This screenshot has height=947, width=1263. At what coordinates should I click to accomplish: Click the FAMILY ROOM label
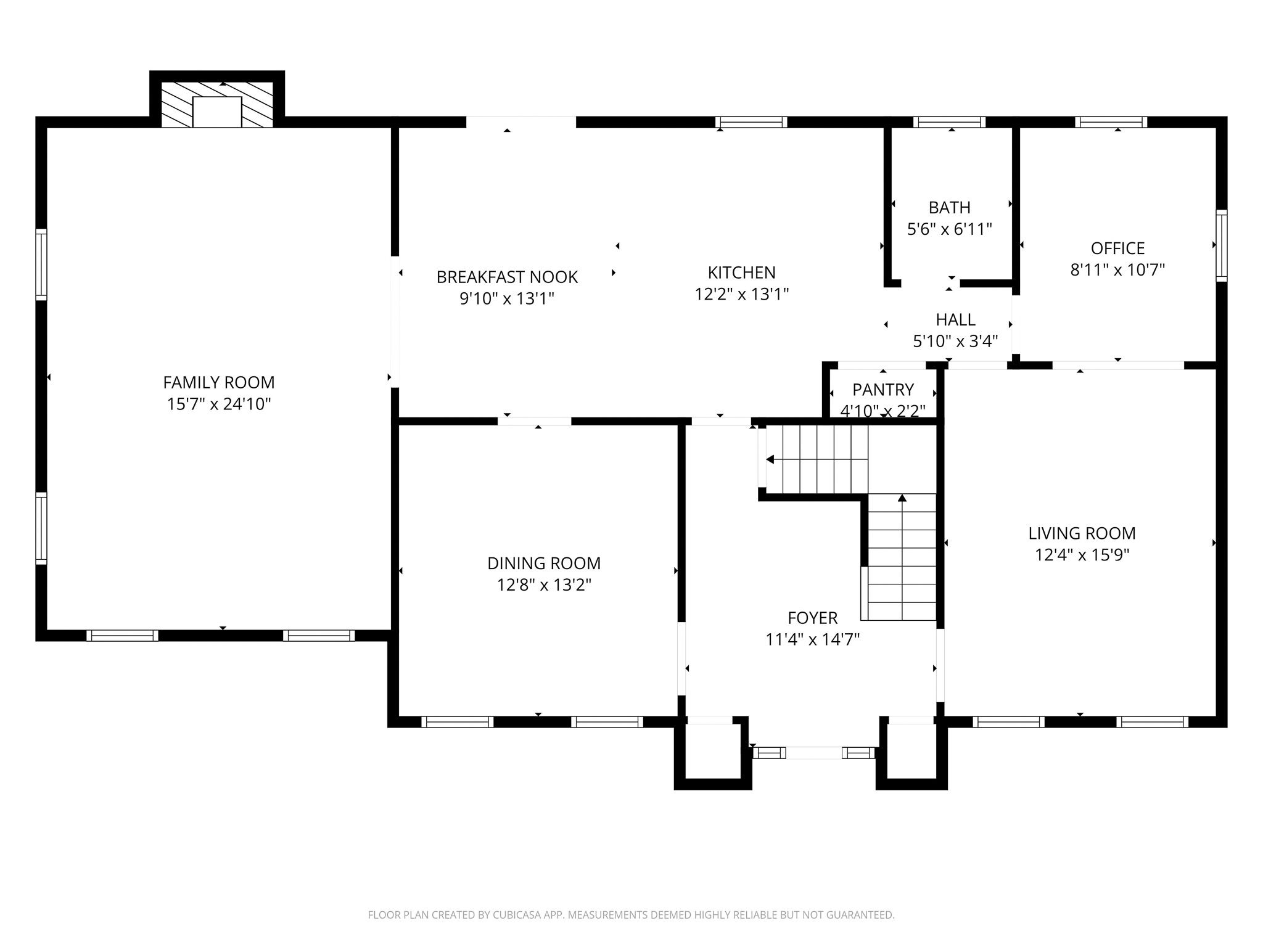pyautogui.click(x=219, y=382)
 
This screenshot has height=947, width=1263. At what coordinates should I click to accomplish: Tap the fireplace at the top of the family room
pyautogui.click(x=217, y=104)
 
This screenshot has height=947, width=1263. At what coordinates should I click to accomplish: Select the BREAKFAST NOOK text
pyautogui.click(x=507, y=277)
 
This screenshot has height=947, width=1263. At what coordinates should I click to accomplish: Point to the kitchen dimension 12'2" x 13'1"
pyautogui.click(x=742, y=294)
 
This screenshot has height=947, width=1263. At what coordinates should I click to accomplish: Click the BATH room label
pyautogui.click(x=950, y=207)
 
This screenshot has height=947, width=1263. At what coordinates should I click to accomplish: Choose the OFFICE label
pyautogui.click(x=1117, y=248)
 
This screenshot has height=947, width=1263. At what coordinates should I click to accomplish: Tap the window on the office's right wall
pyautogui.click(x=1221, y=245)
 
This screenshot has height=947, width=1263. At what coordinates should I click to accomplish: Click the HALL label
pyautogui.click(x=956, y=319)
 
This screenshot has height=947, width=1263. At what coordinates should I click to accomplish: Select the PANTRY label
pyautogui.click(x=883, y=390)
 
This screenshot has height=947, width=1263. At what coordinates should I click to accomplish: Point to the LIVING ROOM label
pyautogui.click(x=1082, y=533)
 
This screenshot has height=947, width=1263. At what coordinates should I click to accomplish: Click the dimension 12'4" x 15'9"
pyautogui.click(x=1082, y=555)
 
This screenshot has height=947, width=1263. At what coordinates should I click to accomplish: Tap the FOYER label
pyautogui.click(x=813, y=618)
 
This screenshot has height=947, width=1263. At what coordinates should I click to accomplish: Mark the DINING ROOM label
pyautogui.click(x=544, y=563)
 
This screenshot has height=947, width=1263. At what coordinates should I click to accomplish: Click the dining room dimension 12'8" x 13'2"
pyautogui.click(x=544, y=584)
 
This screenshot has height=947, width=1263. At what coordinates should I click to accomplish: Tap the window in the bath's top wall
pyautogui.click(x=949, y=122)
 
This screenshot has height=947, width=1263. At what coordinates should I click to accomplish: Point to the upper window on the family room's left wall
pyautogui.click(x=41, y=264)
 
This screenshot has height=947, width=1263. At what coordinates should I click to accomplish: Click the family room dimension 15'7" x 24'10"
pyautogui.click(x=219, y=404)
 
